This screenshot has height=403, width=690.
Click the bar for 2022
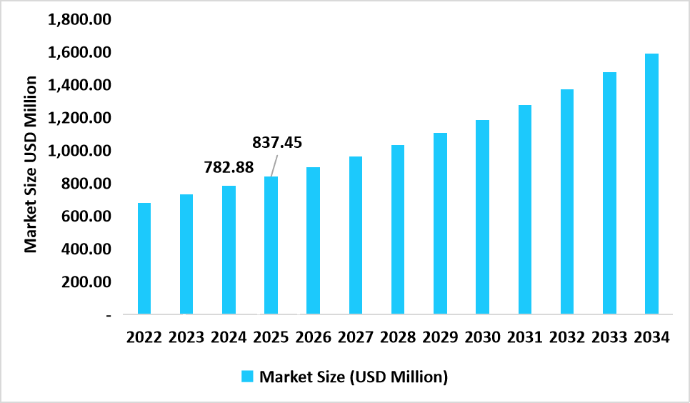coord(144,259)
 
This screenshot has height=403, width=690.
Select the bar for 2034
coord(651,184)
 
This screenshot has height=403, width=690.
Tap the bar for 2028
coord(398,229)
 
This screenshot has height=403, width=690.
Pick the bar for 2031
coord(525,209)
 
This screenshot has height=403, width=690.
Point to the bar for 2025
coord(271,245)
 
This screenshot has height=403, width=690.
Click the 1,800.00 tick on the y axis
coord(79,19)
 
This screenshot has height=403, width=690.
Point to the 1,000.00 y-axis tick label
coord(79,151)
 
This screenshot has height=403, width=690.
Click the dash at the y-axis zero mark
coord(108,315)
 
